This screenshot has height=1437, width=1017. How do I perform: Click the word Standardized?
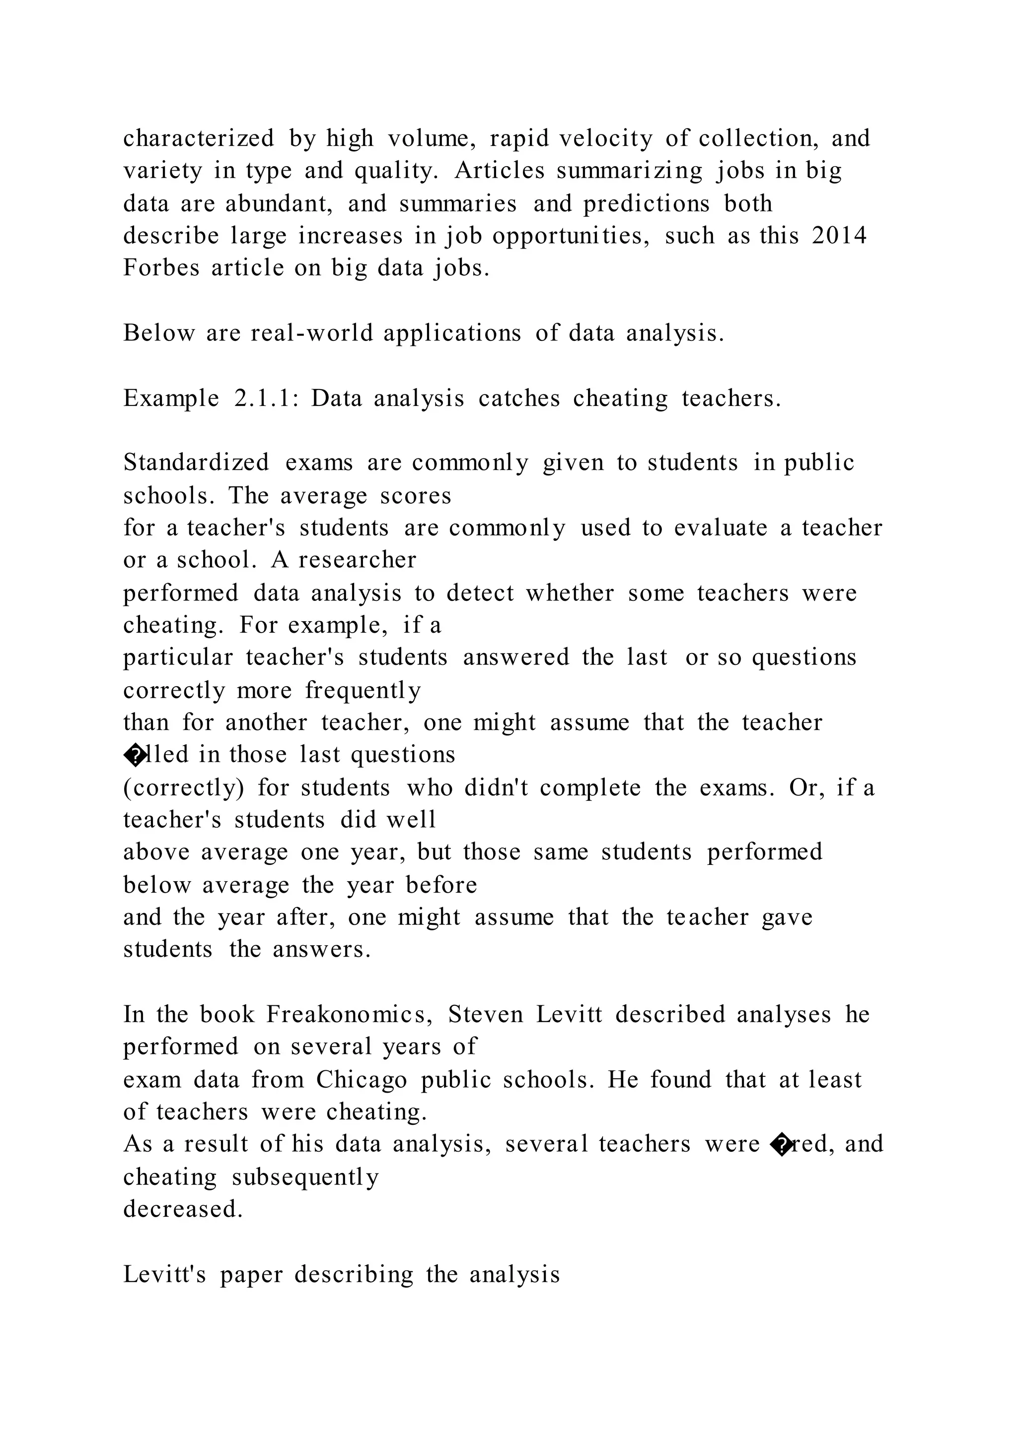[196, 462]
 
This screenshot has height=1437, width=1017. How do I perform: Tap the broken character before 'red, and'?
[783, 1145]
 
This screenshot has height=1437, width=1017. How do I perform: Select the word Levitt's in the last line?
[164, 1275]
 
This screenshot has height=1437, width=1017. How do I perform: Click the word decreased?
[182, 1209]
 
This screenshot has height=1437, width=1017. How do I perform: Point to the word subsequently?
[305, 1177]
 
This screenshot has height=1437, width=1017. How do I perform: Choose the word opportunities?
[571, 236]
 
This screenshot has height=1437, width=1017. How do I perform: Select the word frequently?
[363, 690]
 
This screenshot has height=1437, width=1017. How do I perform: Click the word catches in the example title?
[518, 398]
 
